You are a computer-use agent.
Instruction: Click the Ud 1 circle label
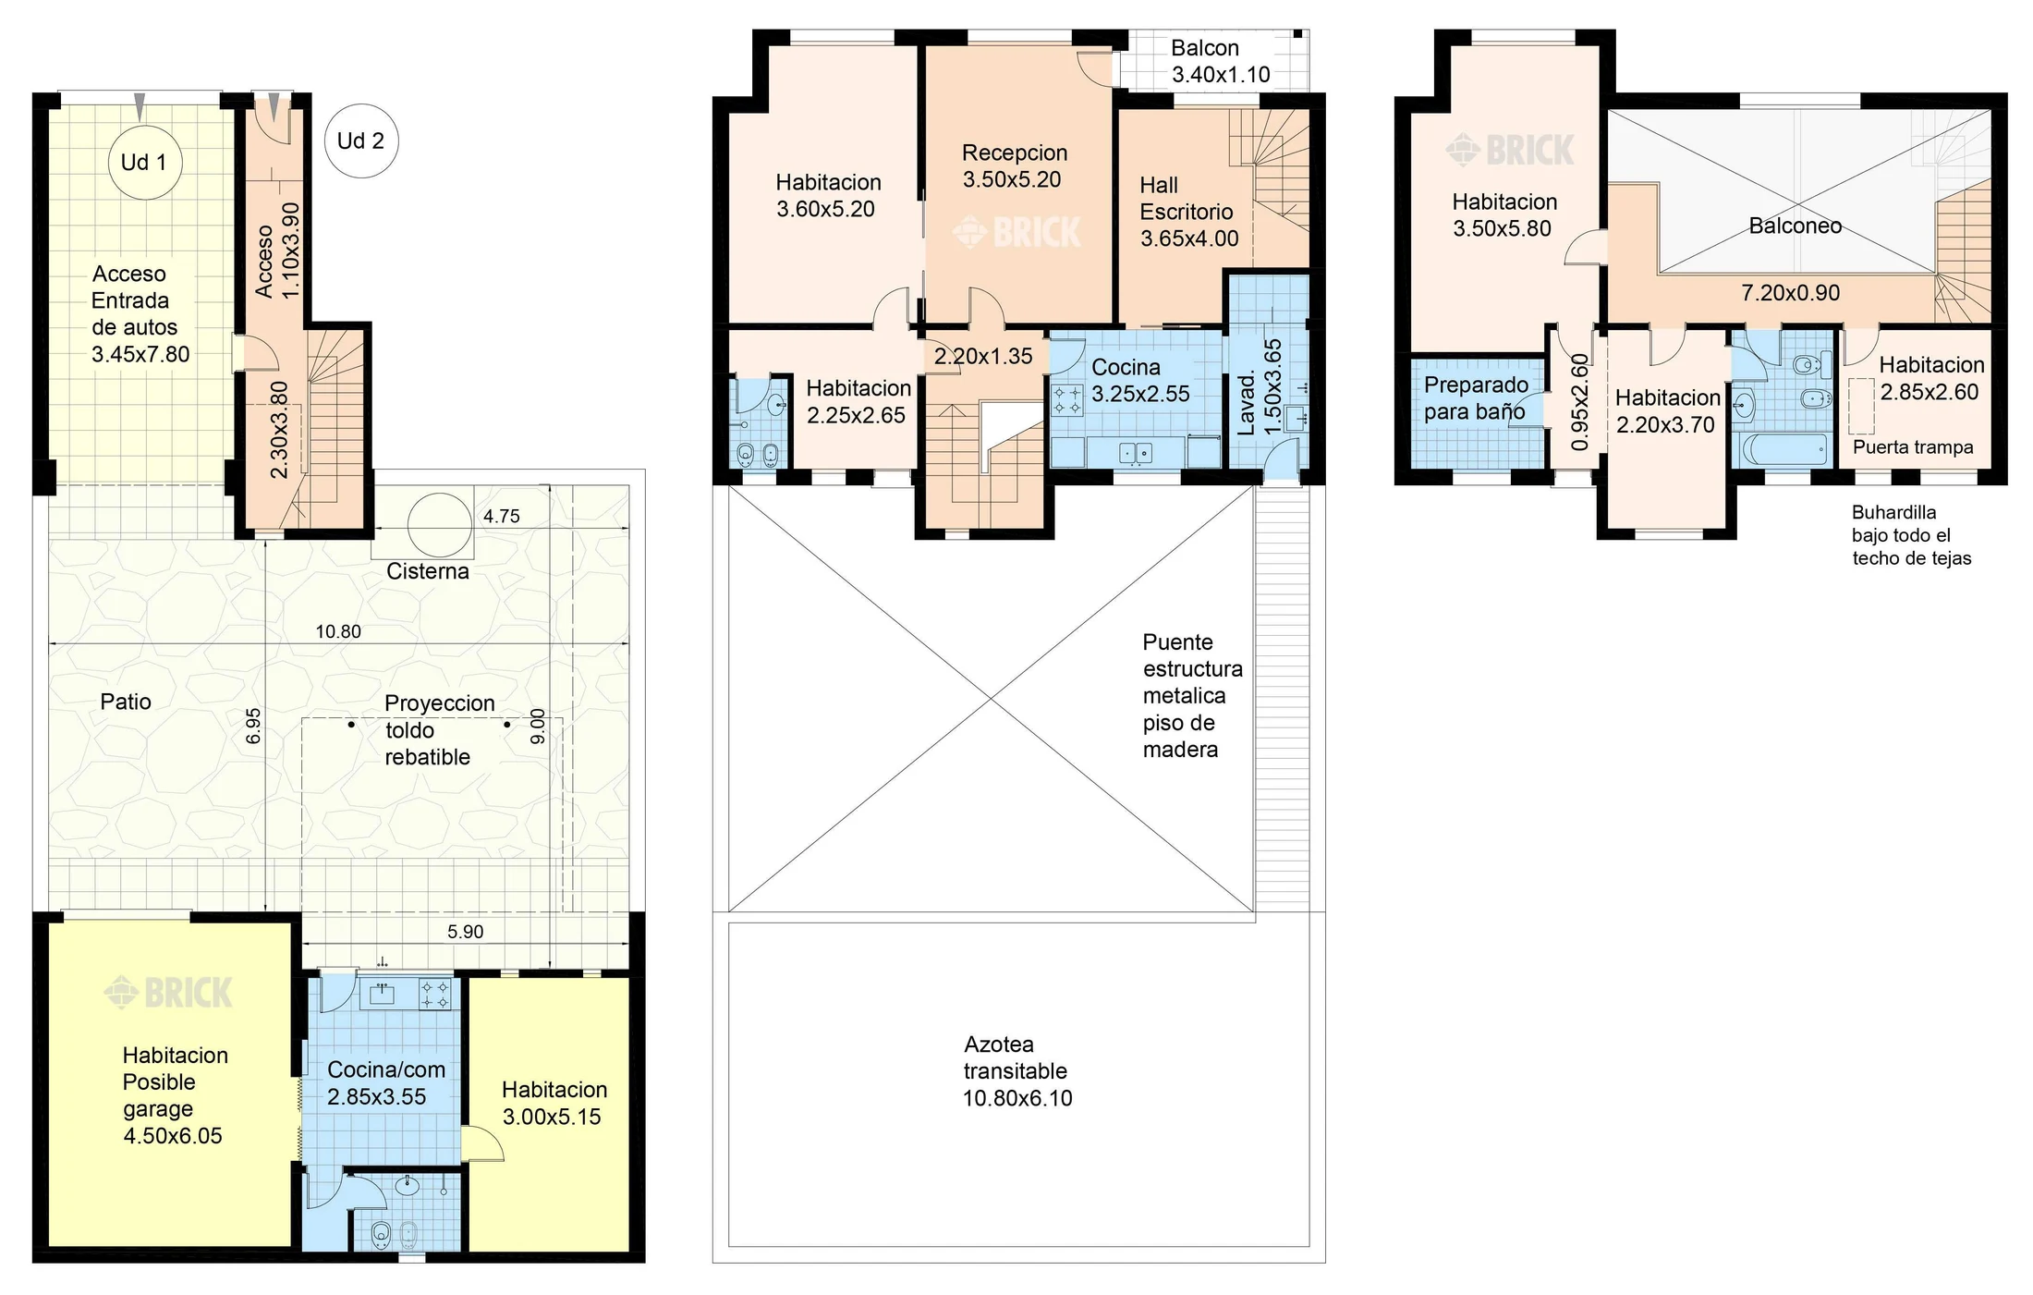pos(143,163)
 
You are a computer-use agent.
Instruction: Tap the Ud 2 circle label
pos(361,140)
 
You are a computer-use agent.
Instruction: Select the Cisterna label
pos(428,571)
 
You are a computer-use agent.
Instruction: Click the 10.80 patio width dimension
pos(338,632)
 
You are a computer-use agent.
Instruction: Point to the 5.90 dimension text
pos(466,932)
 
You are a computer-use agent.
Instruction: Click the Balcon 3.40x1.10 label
pos(1221,61)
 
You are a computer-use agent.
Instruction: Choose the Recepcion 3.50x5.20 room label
pos(1014,166)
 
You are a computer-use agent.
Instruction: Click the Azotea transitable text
pos(1016,1058)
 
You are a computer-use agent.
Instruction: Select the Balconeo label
pos(1796,226)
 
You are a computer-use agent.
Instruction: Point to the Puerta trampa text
pos(1913,447)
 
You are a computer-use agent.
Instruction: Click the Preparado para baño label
pos(1476,398)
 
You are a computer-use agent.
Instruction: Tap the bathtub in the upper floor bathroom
pos(1784,450)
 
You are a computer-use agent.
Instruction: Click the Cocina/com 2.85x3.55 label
pos(386,1083)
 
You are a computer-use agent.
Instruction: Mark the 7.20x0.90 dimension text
pos(1791,293)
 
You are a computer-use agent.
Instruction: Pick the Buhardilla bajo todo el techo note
pos(1912,535)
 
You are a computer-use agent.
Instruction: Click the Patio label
pos(126,702)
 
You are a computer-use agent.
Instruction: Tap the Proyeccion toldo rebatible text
pos(440,730)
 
